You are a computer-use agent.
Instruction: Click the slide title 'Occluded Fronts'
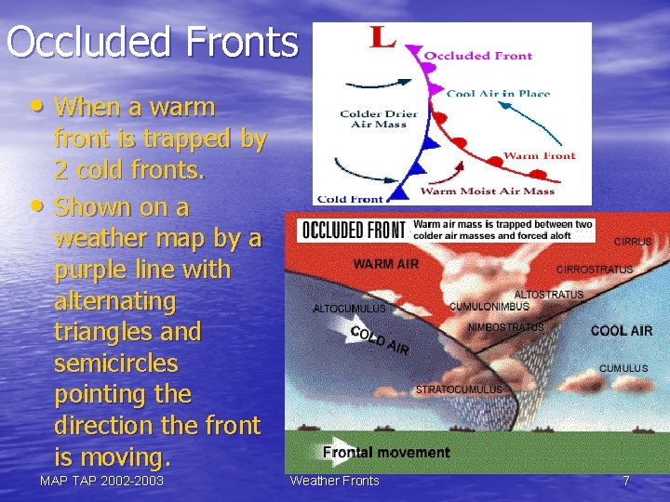tap(152, 42)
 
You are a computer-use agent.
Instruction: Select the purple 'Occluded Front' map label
tap(478, 56)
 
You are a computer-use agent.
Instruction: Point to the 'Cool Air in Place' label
tap(498, 93)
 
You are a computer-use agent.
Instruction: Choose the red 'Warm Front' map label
tap(540, 155)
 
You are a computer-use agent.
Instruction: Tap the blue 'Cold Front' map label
tap(350, 198)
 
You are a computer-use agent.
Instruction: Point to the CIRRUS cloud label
tap(633, 242)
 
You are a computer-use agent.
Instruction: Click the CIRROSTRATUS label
tap(595, 270)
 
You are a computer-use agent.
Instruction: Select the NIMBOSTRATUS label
tap(505, 327)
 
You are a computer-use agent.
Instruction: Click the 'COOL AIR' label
tap(622, 331)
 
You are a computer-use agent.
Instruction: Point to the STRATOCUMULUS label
tap(459, 390)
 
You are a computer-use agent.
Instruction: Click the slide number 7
tap(626, 481)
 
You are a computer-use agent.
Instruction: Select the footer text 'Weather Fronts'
tap(335, 481)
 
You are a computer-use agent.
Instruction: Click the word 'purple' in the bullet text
tap(87, 270)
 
